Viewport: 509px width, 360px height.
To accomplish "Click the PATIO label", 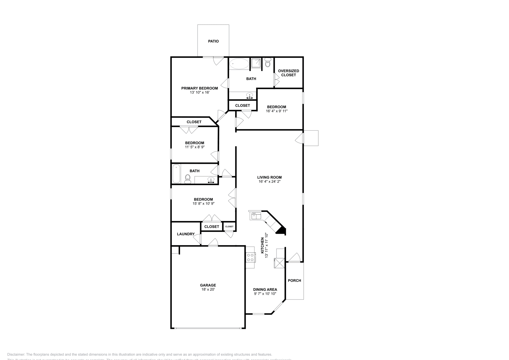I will point(213,41).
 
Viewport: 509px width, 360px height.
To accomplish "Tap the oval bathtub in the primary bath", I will point(239,64).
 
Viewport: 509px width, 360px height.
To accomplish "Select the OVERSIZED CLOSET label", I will point(289,73).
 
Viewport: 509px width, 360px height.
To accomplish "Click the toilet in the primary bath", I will point(268,63).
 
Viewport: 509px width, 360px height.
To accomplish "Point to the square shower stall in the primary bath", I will point(256,63).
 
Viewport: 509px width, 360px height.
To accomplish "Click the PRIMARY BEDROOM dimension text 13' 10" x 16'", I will point(199,93).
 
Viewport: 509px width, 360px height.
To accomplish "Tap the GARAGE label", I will point(208,285).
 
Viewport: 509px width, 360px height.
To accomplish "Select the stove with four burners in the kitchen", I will point(250,257).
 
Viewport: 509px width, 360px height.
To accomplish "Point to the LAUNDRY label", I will point(186,234).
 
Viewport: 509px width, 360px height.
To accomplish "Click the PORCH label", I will point(294,280).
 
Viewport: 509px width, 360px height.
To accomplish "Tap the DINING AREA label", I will point(265,290).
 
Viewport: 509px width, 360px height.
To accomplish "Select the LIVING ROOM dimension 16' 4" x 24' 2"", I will point(269,182).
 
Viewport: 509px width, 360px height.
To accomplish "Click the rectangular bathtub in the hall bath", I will point(176,174).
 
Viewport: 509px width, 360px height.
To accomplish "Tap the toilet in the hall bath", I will point(188,179).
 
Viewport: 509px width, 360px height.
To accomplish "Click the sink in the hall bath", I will point(211,180).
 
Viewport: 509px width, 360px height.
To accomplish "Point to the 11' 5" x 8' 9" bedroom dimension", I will point(195,147).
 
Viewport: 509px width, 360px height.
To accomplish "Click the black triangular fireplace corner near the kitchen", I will point(281,230).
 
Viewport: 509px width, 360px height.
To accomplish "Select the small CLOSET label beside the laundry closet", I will point(229,226).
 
